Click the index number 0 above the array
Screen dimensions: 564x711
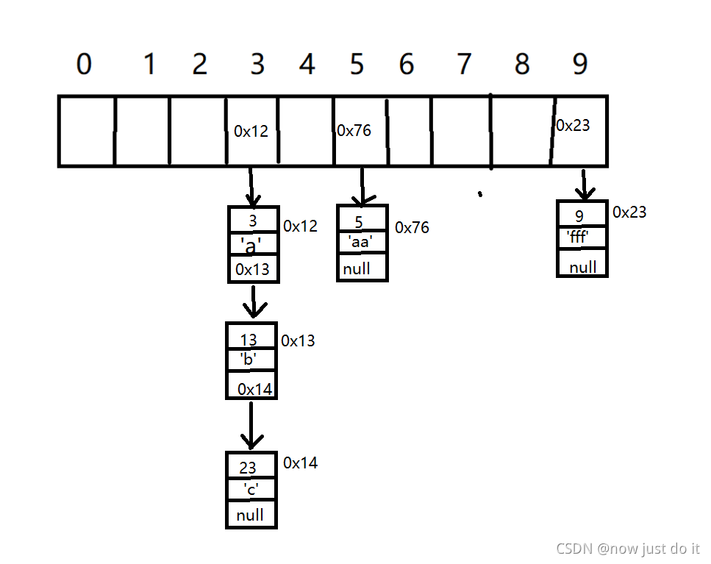click(x=85, y=65)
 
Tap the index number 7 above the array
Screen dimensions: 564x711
click(x=463, y=65)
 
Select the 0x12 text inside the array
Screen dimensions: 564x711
click(x=251, y=132)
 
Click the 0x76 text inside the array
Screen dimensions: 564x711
click(x=354, y=131)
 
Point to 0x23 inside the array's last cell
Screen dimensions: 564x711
click(x=573, y=126)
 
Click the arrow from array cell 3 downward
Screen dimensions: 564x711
click(x=252, y=187)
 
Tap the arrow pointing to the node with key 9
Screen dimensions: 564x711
click(x=585, y=185)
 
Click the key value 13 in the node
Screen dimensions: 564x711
click(x=249, y=340)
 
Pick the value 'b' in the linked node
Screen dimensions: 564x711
click(x=247, y=359)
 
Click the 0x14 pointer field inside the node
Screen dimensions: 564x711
click(x=254, y=389)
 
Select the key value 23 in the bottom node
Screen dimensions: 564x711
click(x=248, y=468)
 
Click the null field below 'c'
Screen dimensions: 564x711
click(x=250, y=515)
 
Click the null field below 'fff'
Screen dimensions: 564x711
click(x=583, y=267)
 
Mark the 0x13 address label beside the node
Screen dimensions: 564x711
click(x=298, y=340)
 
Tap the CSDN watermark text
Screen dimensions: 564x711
click(x=628, y=548)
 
